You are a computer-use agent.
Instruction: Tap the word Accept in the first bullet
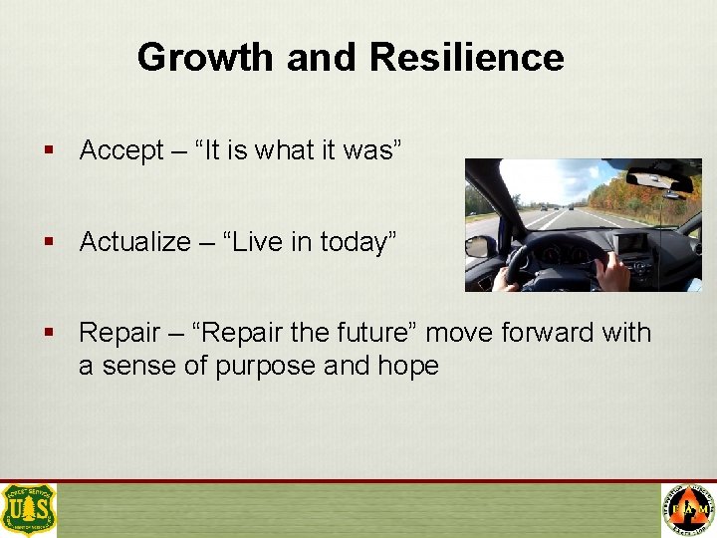coord(121,150)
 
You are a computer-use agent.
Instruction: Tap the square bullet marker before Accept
coord(48,150)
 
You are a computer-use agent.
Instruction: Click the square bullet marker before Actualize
coord(48,242)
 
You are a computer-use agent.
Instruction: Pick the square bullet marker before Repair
coord(48,332)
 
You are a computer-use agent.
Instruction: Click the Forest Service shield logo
coord(29,510)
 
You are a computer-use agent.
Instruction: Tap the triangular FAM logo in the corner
coord(688,510)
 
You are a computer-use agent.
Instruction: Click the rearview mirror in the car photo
coord(659,181)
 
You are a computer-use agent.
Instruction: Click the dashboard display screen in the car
coord(633,243)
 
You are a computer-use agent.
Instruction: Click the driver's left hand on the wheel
coord(508,281)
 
